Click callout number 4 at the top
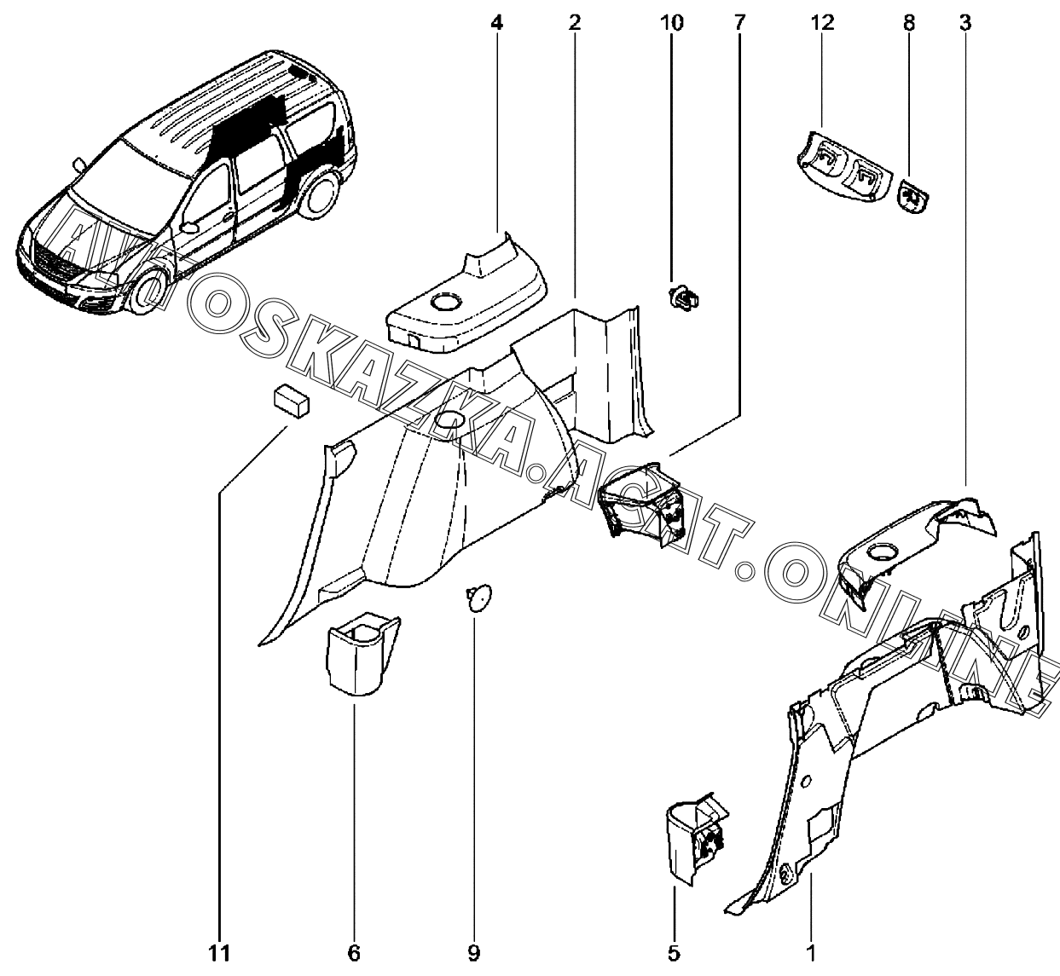(x=496, y=23)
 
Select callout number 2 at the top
(x=575, y=23)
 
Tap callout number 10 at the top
(x=672, y=23)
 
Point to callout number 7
(x=739, y=23)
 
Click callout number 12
(x=823, y=23)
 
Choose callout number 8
(x=909, y=23)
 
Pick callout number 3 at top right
(x=964, y=23)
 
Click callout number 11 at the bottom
(x=219, y=953)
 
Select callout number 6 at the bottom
(x=354, y=953)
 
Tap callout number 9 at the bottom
(x=473, y=953)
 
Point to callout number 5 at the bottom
(x=674, y=953)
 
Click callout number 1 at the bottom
(x=811, y=953)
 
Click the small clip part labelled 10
(x=683, y=297)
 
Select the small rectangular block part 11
(x=291, y=401)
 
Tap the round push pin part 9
(x=478, y=598)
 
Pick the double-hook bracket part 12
(x=844, y=168)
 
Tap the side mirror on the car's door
(x=188, y=228)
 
